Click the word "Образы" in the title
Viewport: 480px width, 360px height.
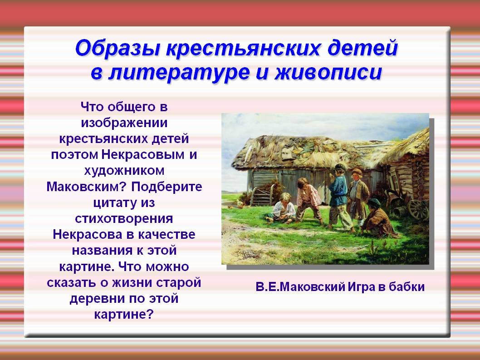(x=118, y=49)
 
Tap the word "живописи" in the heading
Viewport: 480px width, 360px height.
(x=328, y=73)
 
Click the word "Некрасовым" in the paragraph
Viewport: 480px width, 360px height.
(x=143, y=154)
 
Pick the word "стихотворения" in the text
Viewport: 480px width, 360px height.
(x=124, y=218)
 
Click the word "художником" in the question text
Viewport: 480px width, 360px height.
(x=124, y=170)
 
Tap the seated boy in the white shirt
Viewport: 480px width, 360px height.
(x=282, y=208)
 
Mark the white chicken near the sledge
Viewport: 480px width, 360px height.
(x=240, y=202)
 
